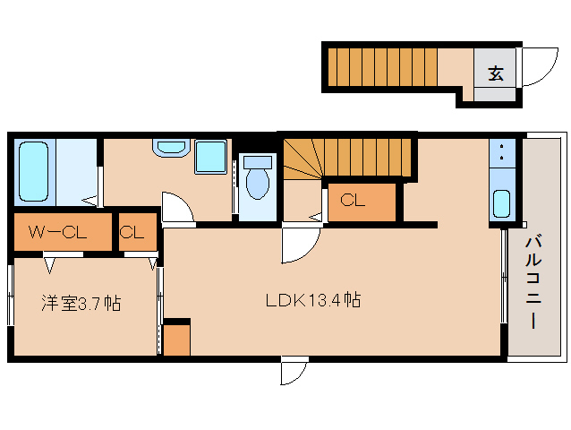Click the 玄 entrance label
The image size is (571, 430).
point(496,73)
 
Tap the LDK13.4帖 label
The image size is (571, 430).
point(313,301)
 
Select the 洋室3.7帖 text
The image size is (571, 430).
point(81,303)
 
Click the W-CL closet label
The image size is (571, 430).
point(57,232)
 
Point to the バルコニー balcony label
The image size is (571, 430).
point(533,283)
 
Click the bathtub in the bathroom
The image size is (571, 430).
point(33,171)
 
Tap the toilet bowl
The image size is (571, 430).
point(258,178)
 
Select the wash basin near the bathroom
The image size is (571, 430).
point(171,147)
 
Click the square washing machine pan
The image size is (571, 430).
point(210,156)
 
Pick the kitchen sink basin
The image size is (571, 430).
point(502,204)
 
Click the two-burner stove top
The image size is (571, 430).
point(502,153)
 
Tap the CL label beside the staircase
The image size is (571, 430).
point(352,200)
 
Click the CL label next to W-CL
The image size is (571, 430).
point(132,232)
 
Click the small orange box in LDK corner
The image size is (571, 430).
point(176,340)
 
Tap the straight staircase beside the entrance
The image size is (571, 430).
point(382,67)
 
